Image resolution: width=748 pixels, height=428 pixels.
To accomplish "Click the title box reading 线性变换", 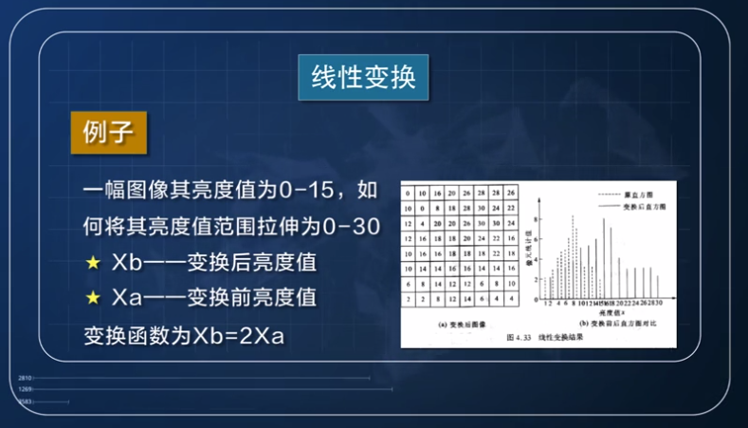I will click(364, 75).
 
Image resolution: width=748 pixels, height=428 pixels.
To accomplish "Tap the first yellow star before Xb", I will click(93, 261).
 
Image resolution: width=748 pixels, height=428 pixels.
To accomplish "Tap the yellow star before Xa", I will click(93, 297).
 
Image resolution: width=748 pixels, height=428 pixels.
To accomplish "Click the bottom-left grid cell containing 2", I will click(408, 298).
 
